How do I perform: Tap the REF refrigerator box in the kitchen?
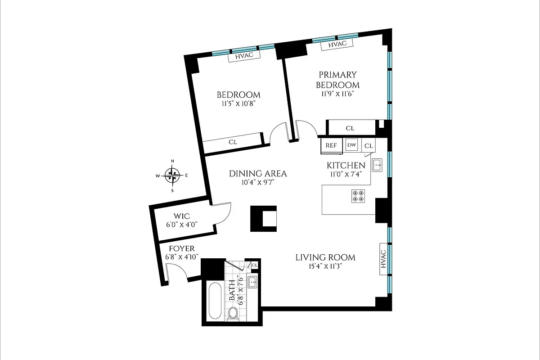(x=331, y=145)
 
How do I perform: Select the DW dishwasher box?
(x=352, y=145)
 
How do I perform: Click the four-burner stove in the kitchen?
(x=358, y=196)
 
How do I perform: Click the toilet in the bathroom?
(x=233, y=314)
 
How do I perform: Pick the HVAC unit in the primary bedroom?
(x=337, y=45)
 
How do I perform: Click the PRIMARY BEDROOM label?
(x=337, y=80)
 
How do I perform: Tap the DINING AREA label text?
(x=258, y=174)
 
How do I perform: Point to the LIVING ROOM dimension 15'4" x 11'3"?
(x=325, y=266)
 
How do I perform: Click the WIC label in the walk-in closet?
(x=179, y=216)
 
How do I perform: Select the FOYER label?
(x=182, y=249)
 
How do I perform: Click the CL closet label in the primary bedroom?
(x=350, y=128)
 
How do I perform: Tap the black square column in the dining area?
(x=264, y=218)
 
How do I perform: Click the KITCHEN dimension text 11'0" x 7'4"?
(x=345, y=174)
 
